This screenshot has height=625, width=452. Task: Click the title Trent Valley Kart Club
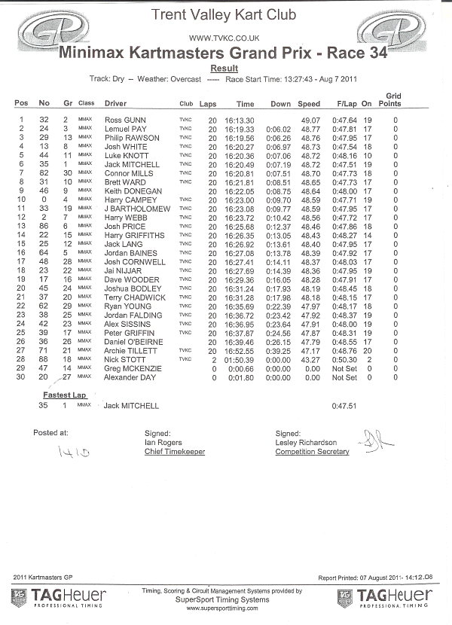(x=224, y=14)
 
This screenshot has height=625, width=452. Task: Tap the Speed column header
(x=309, y=103)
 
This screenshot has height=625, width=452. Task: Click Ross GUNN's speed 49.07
(x=310, y=120)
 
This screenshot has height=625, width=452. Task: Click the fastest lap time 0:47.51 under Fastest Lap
(x=344, y=406)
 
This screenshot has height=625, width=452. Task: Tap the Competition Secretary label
(x=312, y=452)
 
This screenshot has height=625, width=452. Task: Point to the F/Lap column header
(x=347, y=103)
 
